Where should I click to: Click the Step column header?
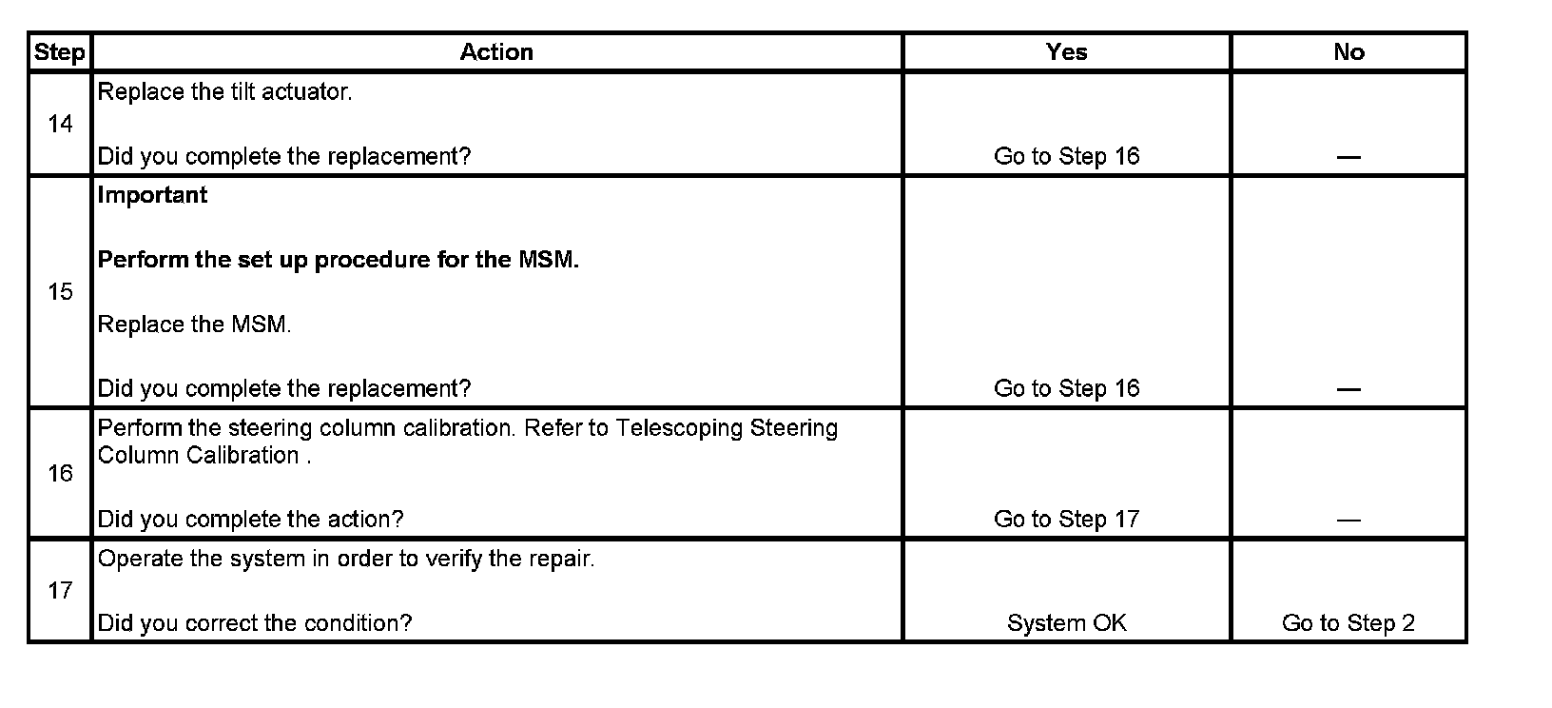[x=59, y=52]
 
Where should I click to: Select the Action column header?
[x=496, y=52]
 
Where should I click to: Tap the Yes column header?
[x=1066, y=52]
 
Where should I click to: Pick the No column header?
[x=1348, y=52]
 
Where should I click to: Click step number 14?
[x=60, y=124]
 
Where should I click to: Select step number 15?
[x=60, y=292]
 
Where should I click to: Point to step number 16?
[x=60, y=473]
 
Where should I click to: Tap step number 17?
[x=60, y=591]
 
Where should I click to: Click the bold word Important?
[x=152, y=195]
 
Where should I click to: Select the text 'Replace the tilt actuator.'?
[x=224, y=92]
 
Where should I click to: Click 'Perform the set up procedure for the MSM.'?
[x=338, y=260]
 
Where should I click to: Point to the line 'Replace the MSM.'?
[x=194, y=324]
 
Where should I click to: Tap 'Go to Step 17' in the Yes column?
[x=1066, y=519]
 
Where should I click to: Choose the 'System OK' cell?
[x=1066, y=623]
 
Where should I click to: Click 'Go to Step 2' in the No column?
[x=1348, y=623]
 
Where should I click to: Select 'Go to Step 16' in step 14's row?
[x=1066, y=156]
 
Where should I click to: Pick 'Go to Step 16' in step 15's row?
[x=1066, y=388]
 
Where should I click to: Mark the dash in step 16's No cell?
[x=1348, y=520]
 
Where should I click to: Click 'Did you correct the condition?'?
[x=255, y=623]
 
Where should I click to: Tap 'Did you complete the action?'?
[x=250, y=519]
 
